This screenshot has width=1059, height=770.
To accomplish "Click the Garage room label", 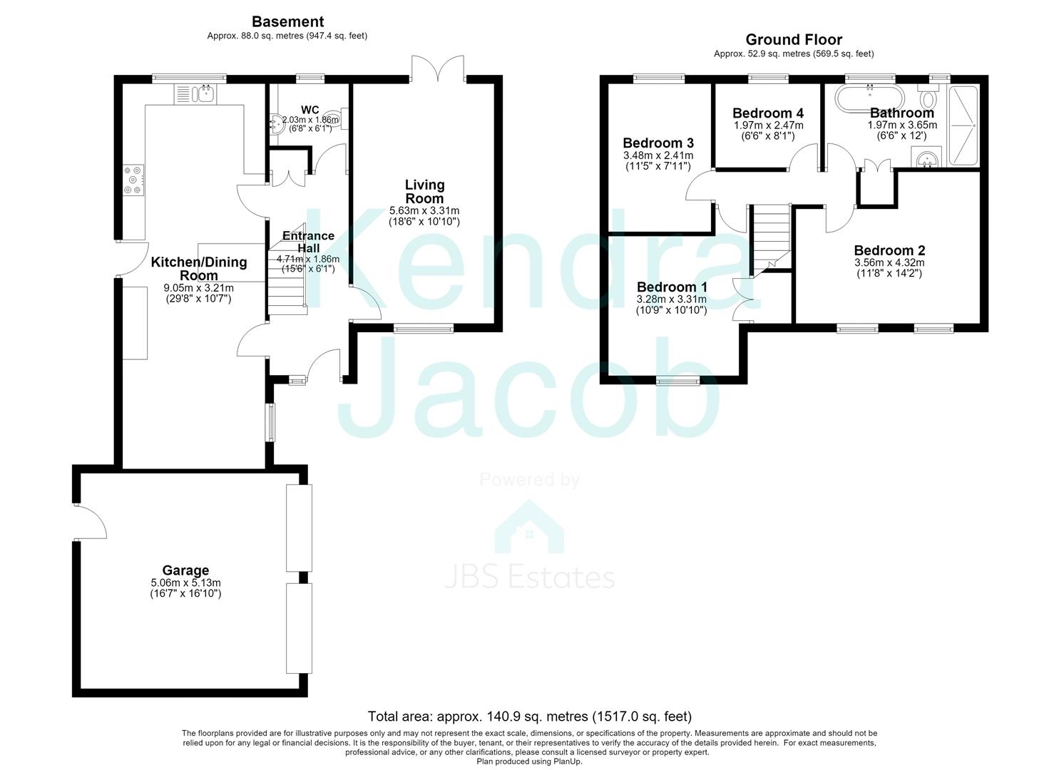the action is point(185,570).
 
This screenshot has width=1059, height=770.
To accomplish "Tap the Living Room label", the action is point(424,192).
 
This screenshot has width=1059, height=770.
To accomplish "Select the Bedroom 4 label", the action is point(768,113).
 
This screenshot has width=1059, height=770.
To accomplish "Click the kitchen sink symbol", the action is point(195,94).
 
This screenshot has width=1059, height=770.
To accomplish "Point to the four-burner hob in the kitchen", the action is point(133,180).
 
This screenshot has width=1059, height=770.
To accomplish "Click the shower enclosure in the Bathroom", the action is point(963,125).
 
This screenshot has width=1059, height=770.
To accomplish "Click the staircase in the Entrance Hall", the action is point(287,269).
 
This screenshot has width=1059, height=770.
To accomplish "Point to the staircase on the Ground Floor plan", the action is point(771,240).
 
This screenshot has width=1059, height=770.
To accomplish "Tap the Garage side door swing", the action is point(91,521).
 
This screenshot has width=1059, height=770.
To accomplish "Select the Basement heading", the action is point(287,21).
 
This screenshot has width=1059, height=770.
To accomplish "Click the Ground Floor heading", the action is point(794,40).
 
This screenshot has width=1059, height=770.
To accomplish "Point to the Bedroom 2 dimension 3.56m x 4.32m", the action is point(889,263).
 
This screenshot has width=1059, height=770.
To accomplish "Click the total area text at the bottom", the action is point(529,717).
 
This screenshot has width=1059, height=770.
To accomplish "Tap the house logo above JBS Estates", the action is point(529,527).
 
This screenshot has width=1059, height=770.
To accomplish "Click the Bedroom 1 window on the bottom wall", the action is point(677,381).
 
